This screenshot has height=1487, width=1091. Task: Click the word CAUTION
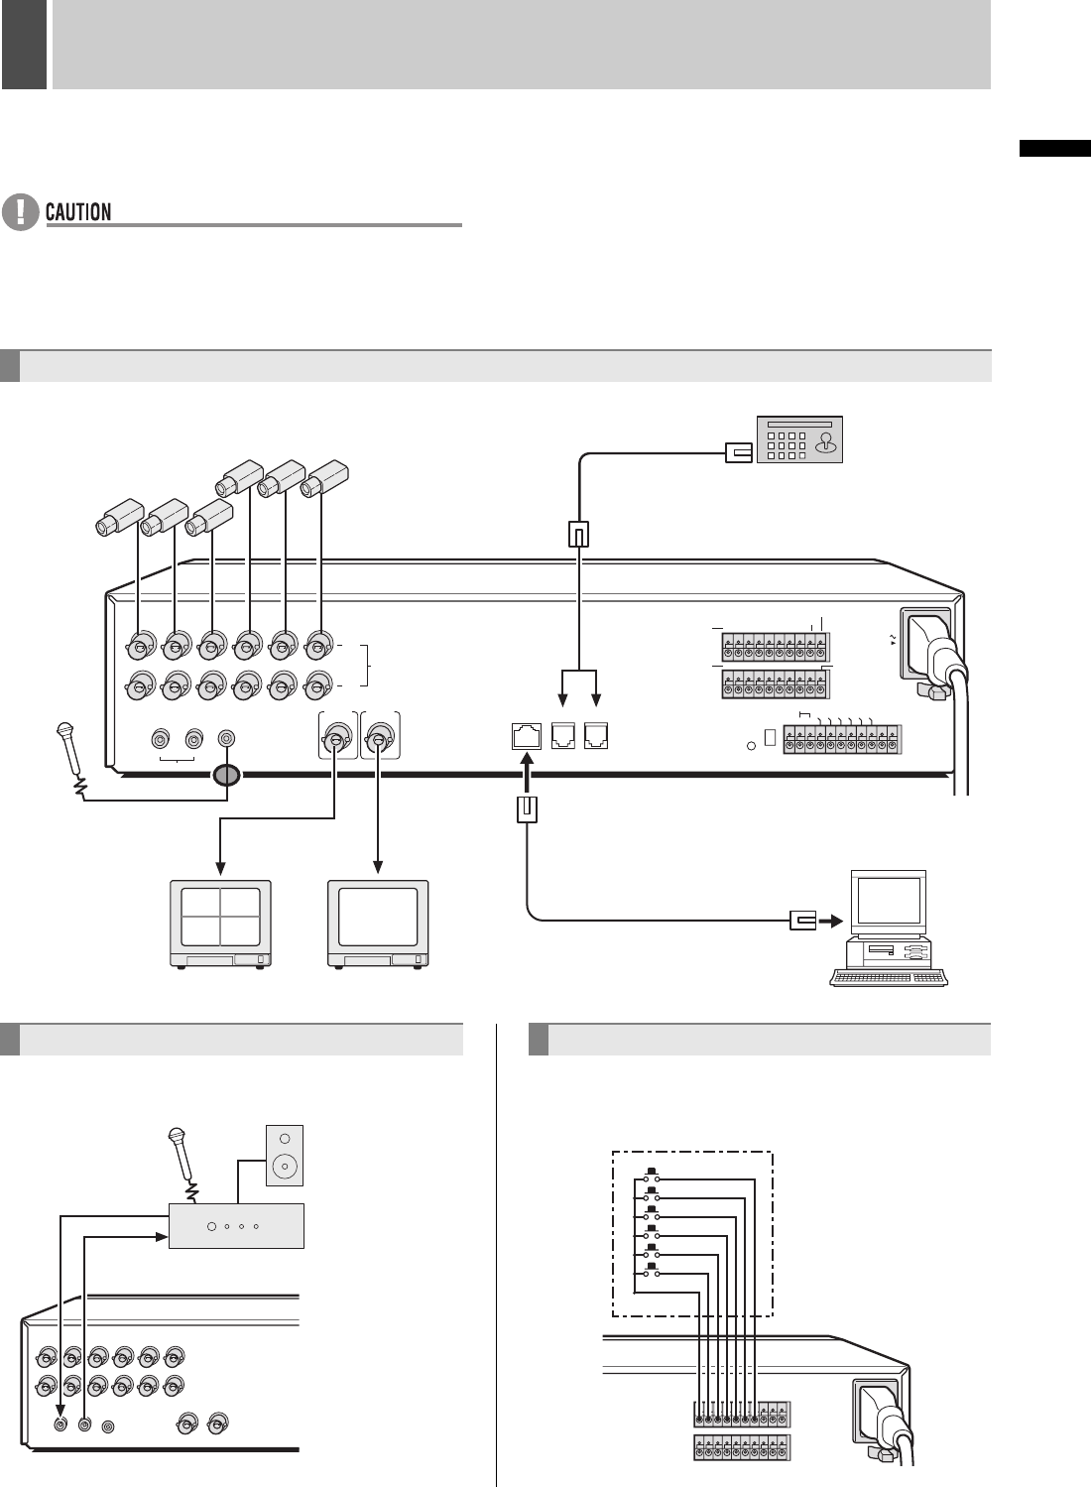point(78,211)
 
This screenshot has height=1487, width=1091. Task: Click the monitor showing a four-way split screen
point(221,923)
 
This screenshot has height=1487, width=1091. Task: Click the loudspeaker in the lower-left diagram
point(285,1155)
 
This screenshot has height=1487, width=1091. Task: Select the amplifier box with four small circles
point(236,1226)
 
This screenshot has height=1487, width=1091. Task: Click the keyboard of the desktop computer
point(890,977)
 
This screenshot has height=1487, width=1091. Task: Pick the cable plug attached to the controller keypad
point(739,452)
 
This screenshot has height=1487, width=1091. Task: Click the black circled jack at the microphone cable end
point(227,775)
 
